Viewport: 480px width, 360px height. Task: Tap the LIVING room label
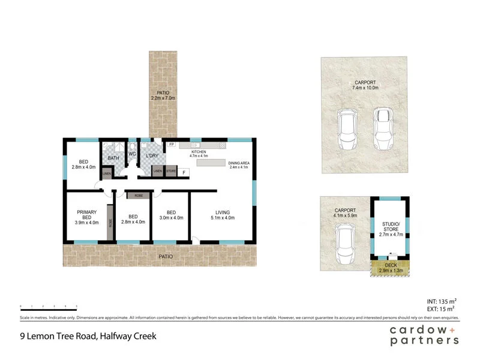click(222, 212)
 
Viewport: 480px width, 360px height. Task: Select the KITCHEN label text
click(199, 152)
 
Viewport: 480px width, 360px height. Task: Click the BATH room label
click(113, 158)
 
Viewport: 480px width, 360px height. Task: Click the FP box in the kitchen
click(171, 145)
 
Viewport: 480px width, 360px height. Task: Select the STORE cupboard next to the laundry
click(171, 172)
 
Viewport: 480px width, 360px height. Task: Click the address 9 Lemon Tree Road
click(88, 336)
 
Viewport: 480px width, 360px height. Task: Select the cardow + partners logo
click(424, 335)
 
